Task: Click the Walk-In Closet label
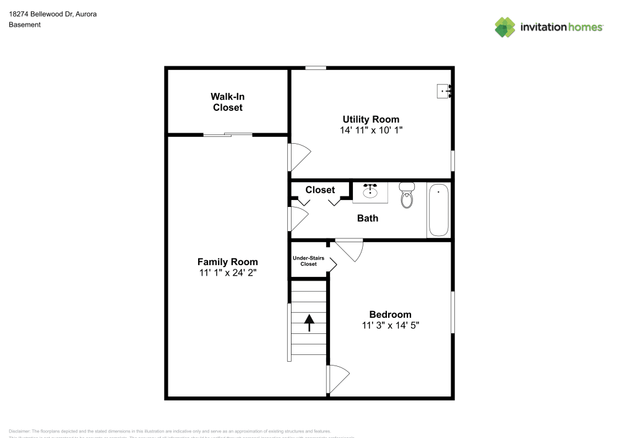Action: point(227,102)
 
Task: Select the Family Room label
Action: point(227,262)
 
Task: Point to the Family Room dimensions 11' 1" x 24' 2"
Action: point(227,273)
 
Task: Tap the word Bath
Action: point(368,218)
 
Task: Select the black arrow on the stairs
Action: point(308,320)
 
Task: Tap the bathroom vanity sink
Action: point(371,192)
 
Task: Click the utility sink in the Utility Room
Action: point(444,91)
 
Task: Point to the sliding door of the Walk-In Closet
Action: point(228,134)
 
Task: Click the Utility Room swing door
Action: point(300,157)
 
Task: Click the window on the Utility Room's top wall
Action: point(316,68)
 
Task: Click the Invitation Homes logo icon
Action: point(505,27)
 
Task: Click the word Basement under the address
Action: point(25,25)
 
